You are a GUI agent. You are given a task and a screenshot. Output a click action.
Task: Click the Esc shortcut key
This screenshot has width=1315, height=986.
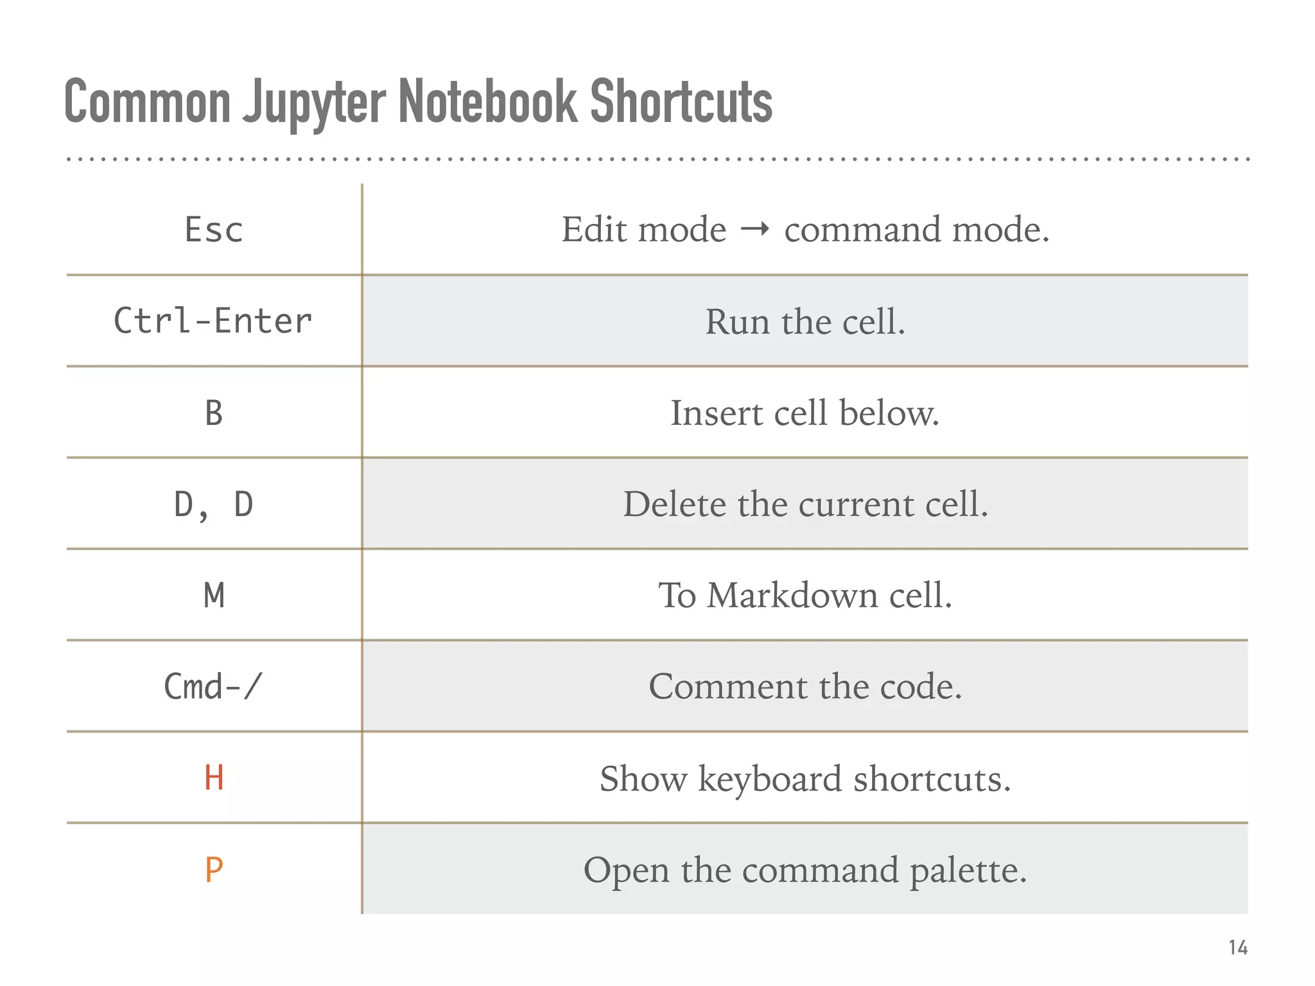point(214,230)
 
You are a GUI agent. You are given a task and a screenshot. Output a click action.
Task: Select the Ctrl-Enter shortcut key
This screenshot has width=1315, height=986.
point(213,321)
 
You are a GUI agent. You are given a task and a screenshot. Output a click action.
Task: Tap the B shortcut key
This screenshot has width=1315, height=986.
point(214,413)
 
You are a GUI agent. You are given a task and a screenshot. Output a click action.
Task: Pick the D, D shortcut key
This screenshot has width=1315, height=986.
point(214,505)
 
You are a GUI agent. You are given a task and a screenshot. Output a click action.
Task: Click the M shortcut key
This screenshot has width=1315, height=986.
point(214,596)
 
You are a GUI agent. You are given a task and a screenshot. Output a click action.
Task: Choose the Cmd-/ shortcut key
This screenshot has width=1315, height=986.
point(213,687)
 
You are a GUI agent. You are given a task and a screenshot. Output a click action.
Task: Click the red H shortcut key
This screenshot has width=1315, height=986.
point(214,778)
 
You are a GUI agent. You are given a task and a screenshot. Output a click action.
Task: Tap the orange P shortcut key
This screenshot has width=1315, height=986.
point(214,870)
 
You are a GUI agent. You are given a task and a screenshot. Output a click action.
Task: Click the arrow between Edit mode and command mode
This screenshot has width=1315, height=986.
point(755,229)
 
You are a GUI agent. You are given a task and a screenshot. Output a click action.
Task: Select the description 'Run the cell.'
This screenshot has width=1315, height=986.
point(805,321)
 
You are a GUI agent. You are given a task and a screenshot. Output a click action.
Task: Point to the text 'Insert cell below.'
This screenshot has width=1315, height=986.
point(805,413)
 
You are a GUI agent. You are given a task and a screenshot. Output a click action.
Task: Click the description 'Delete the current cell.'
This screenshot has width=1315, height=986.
point(805,505)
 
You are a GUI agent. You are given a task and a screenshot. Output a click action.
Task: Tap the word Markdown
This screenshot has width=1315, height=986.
point(792,596)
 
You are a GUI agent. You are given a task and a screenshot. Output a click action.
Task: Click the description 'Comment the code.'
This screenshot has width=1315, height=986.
point(805,687)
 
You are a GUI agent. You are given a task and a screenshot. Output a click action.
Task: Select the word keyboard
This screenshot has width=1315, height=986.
point(769,779)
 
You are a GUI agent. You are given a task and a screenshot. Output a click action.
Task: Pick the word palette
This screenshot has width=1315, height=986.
point(968,871)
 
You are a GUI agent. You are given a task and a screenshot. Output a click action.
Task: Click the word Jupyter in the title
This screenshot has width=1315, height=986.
point(315,103)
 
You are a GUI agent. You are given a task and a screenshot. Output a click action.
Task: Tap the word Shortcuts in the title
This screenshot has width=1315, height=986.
point(681,101)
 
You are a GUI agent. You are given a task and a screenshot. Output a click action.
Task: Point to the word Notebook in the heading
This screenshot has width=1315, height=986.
point(488,101)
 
